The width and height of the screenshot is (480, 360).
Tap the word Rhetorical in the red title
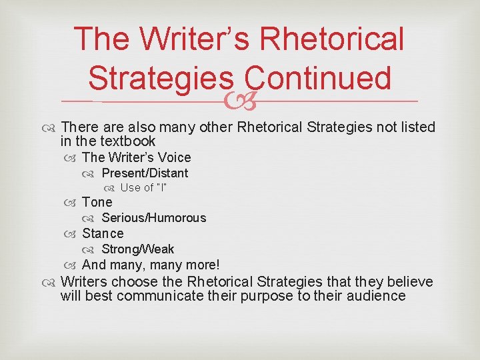(x=333, y=39)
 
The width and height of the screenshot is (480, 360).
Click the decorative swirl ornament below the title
(x=240, y=101)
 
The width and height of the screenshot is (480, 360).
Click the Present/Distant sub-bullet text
(x=145, y=173)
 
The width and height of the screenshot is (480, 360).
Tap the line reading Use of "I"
(x=143, y=187)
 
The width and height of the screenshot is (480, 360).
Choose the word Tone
(x=97, y=202)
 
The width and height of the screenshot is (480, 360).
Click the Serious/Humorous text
(x=153, y=218)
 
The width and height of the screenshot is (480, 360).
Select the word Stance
(x=103, y=233)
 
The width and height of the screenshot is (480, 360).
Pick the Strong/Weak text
(x=137, y=249)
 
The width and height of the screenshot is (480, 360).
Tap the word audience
(x=378, y=296)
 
